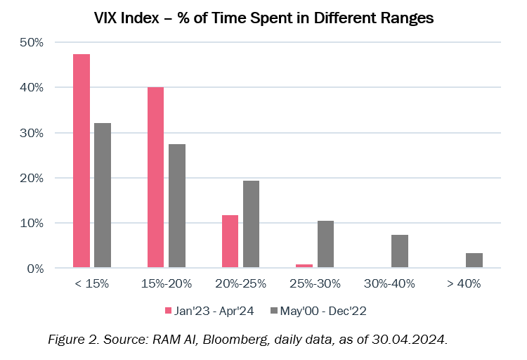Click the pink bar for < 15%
(82, 161)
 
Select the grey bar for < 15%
(103, 195)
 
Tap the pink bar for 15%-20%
(155, 177)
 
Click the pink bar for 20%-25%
(230, 241)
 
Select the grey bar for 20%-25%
(251, 224)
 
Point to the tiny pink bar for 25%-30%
(304, 266)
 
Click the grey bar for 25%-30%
(325, 244)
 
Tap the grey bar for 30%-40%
(400, 251)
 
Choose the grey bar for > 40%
(474, 260)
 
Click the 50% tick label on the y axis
(31, 42)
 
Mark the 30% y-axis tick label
(31, 133)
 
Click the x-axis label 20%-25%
(240, 284)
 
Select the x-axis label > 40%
(463, 284)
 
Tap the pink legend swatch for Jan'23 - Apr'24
(167, 310)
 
